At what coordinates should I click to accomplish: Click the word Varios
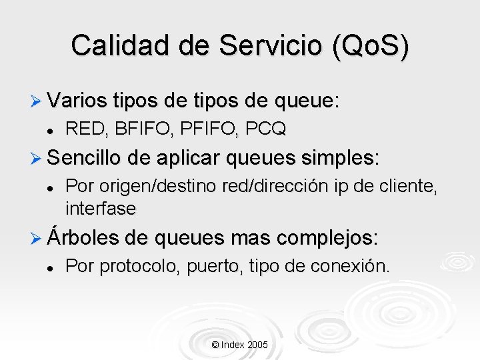pos(77,101)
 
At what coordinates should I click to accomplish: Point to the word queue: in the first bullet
pos(305,101)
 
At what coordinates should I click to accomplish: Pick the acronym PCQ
pos(265,129)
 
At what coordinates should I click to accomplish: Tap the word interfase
pos(101,209)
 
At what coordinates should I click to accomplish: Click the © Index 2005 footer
pos(239,345)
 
